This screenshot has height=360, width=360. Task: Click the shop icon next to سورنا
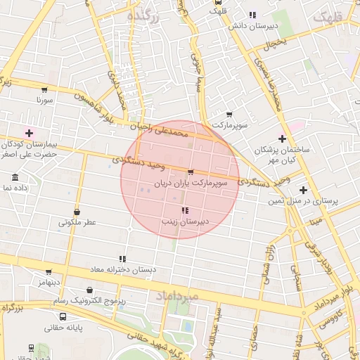coord(44,90)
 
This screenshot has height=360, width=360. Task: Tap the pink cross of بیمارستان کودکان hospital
coord(29,133)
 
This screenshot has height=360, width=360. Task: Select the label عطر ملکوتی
coord(77,222)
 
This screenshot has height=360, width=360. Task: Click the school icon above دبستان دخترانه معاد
coord(122,259)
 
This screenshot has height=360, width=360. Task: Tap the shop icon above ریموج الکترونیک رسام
coord(89,290)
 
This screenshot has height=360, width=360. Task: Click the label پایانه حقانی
coord(63,328)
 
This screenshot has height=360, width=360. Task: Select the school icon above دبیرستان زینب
coord(185,210)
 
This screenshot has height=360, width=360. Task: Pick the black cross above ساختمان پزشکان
coord(283,139)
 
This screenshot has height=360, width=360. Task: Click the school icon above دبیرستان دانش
coord(252,15)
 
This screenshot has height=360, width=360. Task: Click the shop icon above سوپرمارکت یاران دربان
coord(191,172)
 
